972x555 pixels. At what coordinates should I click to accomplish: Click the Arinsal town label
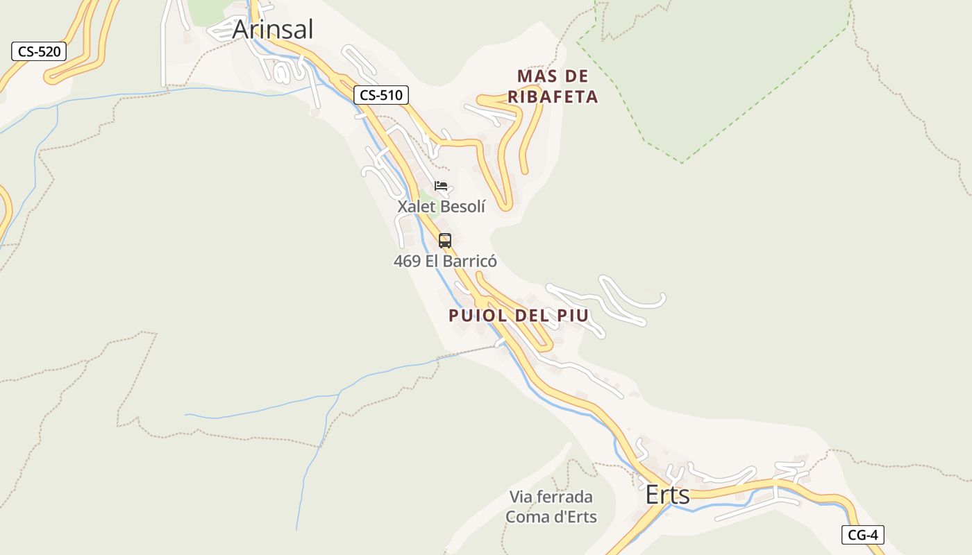[x=273, y=30]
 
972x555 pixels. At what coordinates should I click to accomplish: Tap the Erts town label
[x=668, y=495]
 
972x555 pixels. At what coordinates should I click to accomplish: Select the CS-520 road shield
[x=39, y=51]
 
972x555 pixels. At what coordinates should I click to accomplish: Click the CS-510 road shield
[x=381, y=95]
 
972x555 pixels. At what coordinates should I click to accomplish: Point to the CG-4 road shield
[x=863, y=535]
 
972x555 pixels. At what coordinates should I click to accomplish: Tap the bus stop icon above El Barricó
[x=445, y=241]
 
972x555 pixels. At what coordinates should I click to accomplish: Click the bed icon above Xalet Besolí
[x=441, y=186]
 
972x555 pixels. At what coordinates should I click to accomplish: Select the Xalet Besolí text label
[x=441, y=206]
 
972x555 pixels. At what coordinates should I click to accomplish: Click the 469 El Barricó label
[x=445, y=262]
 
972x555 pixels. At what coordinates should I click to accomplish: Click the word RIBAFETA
[x=553, y=97]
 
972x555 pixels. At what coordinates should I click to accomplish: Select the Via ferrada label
[x=551, y=497]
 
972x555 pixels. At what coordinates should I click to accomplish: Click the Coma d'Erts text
[x=551, y=517]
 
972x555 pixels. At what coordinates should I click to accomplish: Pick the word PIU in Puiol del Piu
[x=573, y=316]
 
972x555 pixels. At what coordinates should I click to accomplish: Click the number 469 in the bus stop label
[x=407, y=262]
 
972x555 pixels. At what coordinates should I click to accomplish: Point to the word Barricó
[x=468, y=262]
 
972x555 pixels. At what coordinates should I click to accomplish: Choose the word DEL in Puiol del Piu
[x=533, y=316]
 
